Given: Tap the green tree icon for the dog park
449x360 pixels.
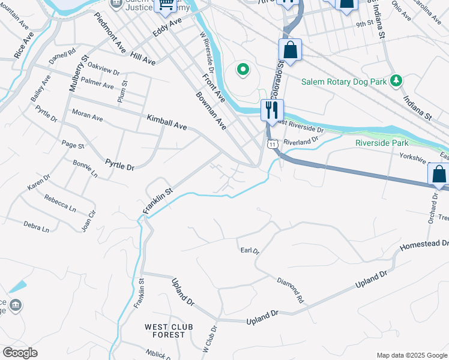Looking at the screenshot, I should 396,80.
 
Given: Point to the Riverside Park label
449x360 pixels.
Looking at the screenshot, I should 382,143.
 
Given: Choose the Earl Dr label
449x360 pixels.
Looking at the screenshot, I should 249,251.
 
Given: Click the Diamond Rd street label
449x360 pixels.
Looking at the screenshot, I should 291,290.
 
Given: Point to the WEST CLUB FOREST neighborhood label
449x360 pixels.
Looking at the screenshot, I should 164,331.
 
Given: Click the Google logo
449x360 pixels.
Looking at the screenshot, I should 20,353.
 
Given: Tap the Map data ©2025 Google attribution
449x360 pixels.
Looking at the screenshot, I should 411,355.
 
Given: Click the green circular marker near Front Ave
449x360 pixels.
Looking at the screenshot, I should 243,70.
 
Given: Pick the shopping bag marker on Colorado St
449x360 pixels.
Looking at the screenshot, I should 290,51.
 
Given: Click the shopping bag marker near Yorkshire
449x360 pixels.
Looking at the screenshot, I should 438,175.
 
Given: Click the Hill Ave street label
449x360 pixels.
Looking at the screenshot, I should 143,58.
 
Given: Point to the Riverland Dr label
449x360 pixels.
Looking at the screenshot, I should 301,142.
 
